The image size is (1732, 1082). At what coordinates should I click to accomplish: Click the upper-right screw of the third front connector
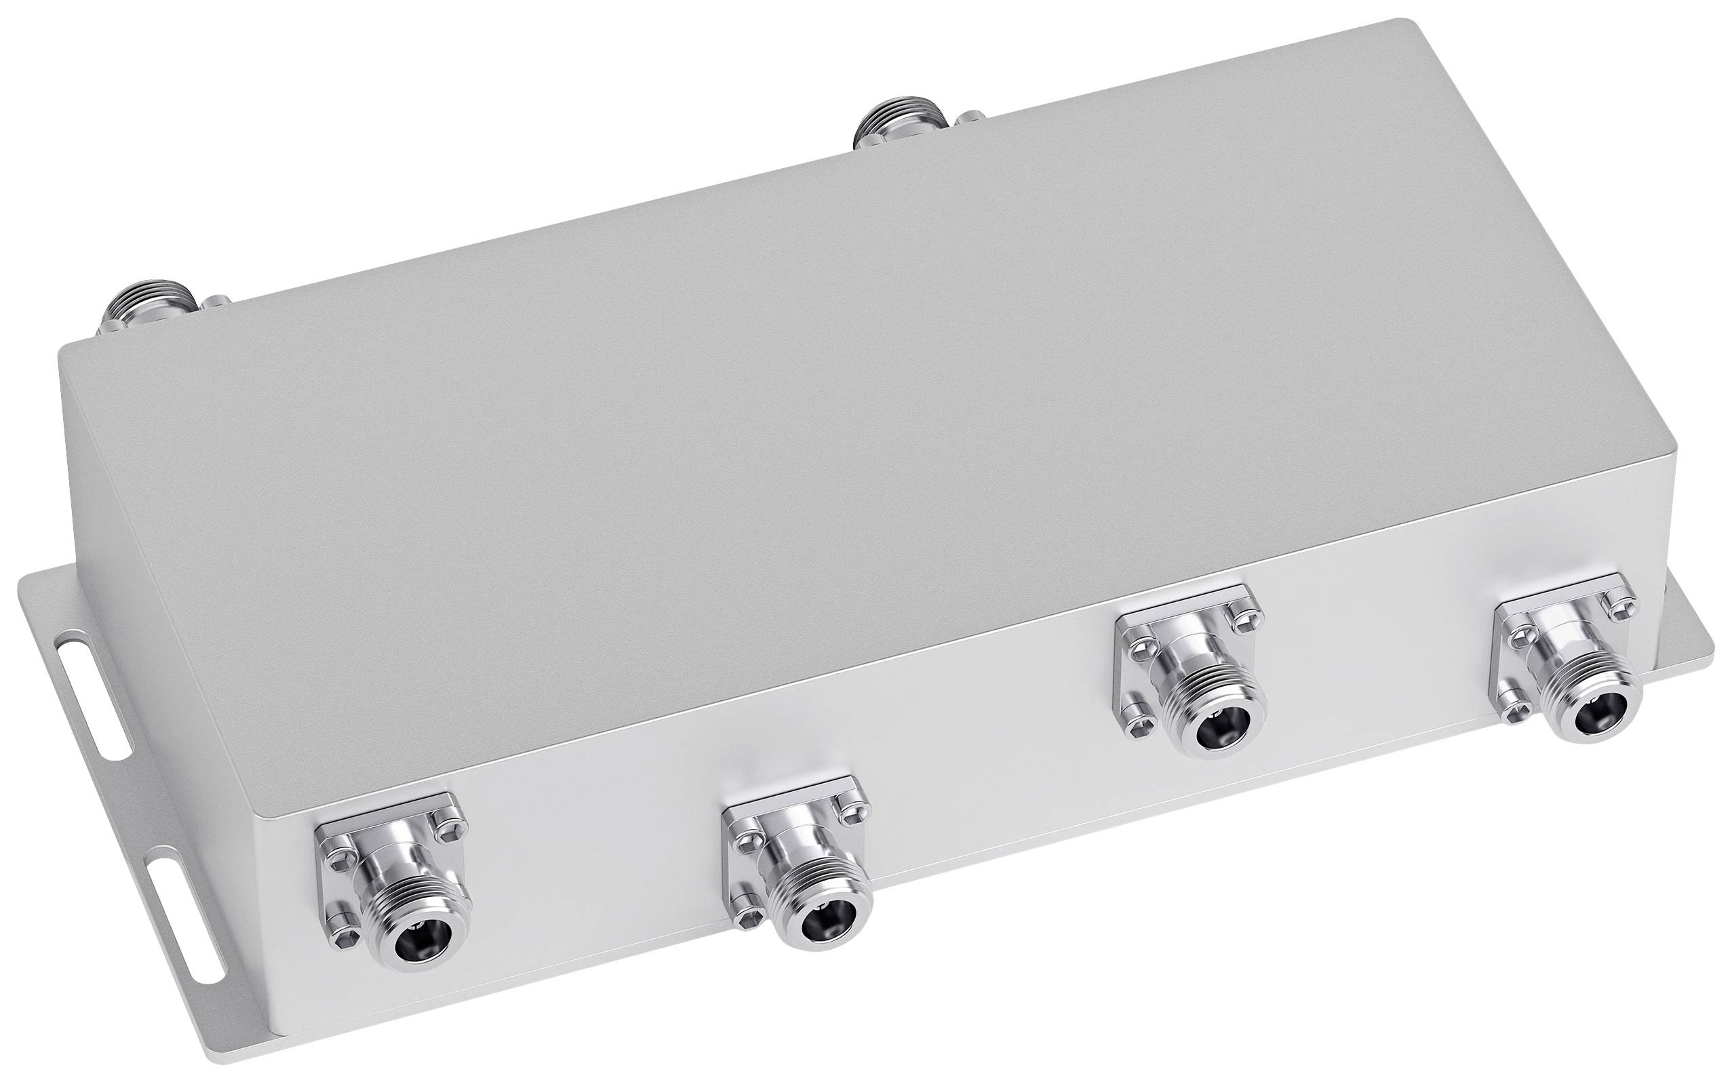(x=1242, y=614)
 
